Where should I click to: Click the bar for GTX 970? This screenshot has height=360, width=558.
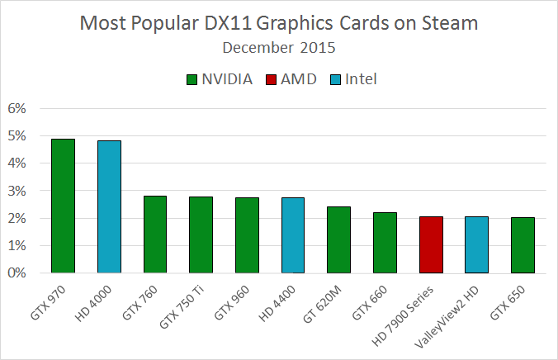64,206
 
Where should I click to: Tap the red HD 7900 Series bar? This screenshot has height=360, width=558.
432,244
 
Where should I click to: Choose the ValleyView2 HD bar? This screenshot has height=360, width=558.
477,244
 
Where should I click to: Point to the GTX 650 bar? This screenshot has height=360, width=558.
523,245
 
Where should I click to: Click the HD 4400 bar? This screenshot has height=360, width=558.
293,235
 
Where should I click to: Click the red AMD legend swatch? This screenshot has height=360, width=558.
273,79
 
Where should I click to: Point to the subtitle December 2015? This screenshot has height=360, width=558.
279,47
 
